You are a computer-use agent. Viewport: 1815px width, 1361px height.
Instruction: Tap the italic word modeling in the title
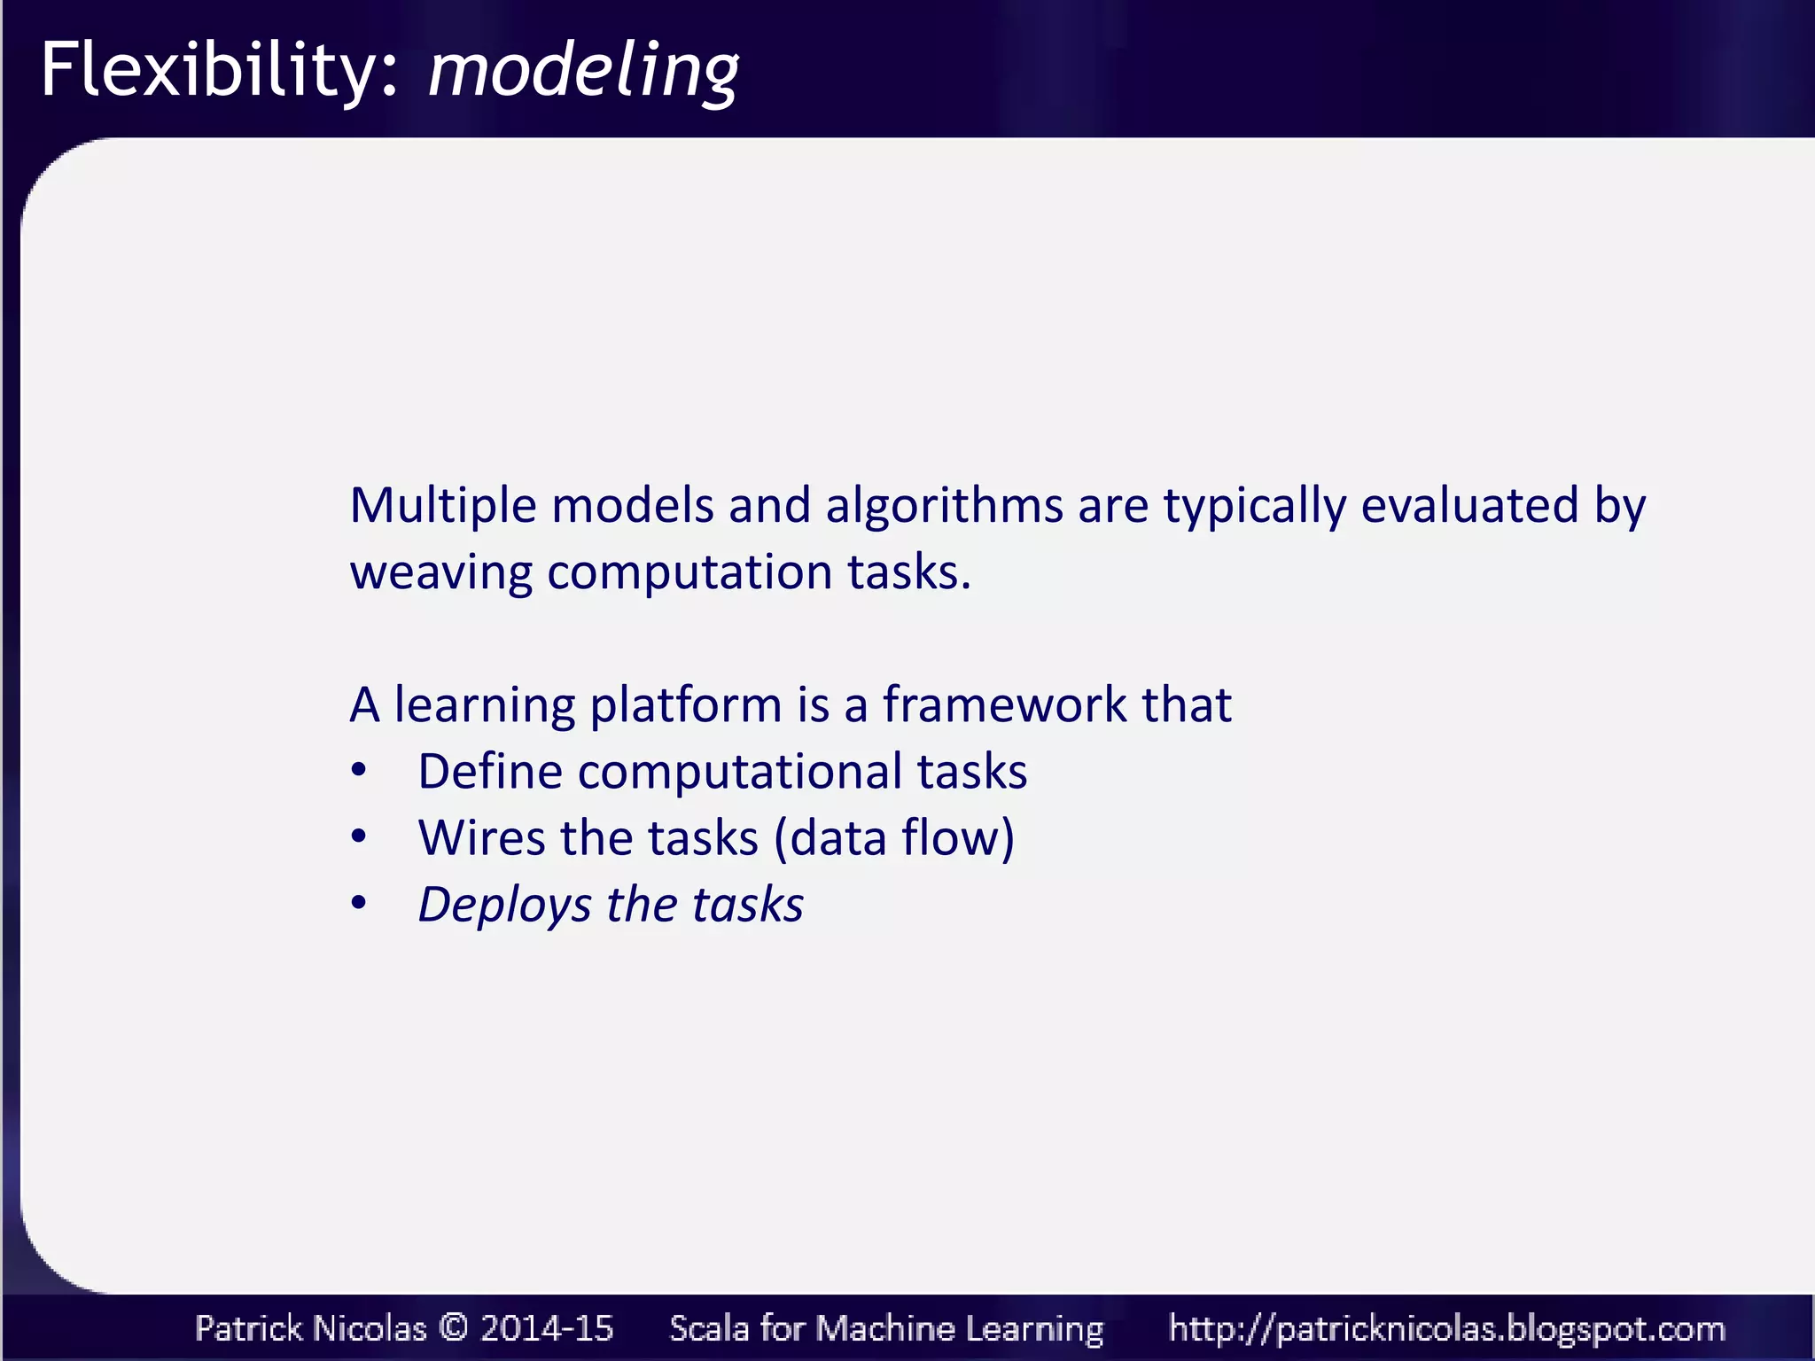click(583, 71)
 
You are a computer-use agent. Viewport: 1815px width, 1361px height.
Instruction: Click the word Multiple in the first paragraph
click(443, 506)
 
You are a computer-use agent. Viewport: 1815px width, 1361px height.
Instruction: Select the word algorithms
click(944, 506)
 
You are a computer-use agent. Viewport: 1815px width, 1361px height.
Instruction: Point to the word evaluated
click(1469, 506)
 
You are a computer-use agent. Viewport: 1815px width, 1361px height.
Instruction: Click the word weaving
click(440, 572)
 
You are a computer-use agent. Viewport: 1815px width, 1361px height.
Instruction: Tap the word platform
click(685, 706)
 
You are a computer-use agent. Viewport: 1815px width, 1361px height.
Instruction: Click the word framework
click(1004, 705)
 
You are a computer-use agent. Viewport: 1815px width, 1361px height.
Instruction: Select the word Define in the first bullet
click(489, 771)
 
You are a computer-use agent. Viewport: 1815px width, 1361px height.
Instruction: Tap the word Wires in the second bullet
click(481, 837)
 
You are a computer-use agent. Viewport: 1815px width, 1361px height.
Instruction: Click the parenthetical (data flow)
click(893, 838)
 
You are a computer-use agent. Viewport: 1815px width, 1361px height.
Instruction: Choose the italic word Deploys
click(504, 906)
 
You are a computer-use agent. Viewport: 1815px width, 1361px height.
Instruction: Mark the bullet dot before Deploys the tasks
click(358, 903)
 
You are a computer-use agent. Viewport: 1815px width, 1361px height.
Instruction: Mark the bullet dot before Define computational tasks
click(358, 769)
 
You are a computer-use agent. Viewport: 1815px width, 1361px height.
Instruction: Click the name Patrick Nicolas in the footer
click(310, 1328)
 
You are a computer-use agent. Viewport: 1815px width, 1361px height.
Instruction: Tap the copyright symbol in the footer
click(453, 1327)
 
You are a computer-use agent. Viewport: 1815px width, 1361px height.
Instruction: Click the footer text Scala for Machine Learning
click(886, 1328)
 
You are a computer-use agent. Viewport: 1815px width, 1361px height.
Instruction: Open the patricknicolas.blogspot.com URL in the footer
click(1446, 1328)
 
